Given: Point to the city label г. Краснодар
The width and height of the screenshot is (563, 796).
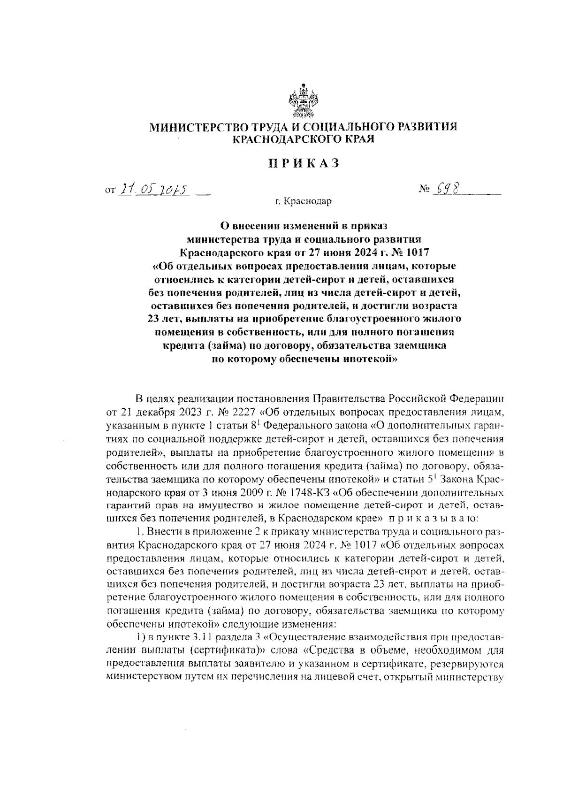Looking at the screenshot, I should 303,202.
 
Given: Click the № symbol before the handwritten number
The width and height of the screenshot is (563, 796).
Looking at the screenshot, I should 425,189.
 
